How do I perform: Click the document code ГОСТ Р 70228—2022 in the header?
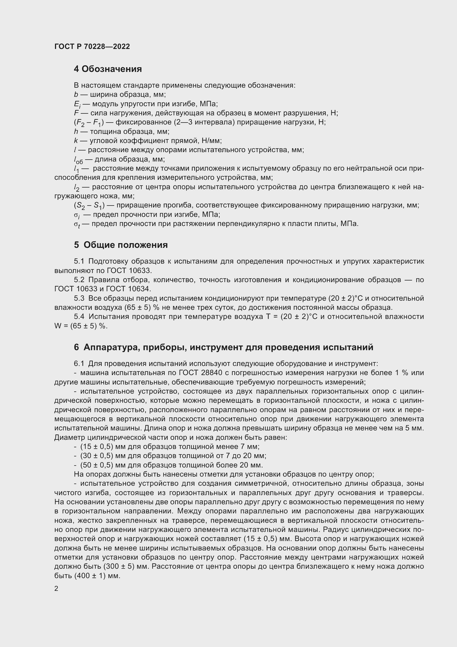click(92, 46)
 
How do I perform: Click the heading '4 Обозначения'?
click(108, 69)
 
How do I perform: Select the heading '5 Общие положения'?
click(121, 245)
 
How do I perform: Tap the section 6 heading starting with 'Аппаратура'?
click(224, 347)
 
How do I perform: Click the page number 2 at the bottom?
click(56, 588)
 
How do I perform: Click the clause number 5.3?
click(79, 298)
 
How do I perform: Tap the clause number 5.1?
click(79, 261)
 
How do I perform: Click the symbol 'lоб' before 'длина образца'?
click(78, 160)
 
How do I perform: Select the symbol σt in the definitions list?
click(77, 224)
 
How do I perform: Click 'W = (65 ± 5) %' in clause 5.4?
click(81, 326)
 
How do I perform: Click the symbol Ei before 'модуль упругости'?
click(77, 104)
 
